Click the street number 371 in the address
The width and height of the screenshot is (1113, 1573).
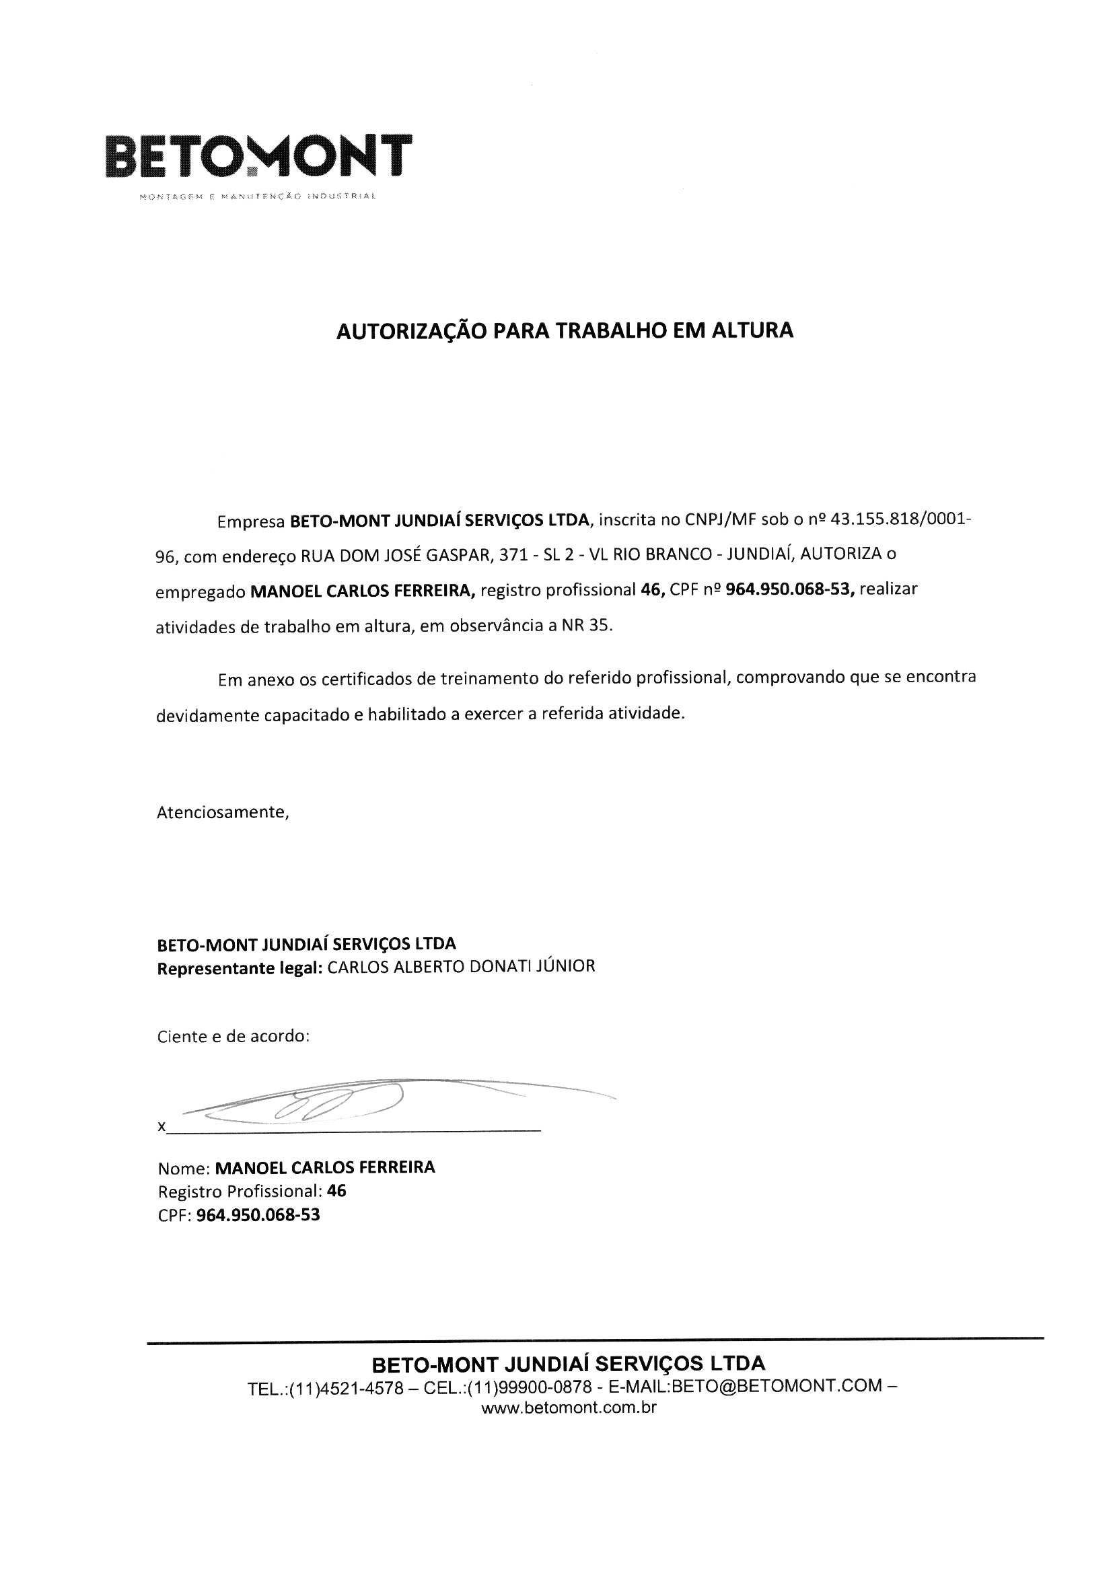point(513,554)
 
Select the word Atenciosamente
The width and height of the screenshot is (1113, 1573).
point(222,813)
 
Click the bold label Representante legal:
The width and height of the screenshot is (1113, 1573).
point(239,967)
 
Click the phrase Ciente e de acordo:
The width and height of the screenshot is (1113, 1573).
point(234,1037)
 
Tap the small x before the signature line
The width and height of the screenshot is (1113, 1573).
point(161,1127)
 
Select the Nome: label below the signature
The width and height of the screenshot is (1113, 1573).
point(183,1168)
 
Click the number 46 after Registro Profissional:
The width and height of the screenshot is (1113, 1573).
point(336,1192)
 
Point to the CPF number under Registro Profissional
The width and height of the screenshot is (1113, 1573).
point(258,1215)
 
